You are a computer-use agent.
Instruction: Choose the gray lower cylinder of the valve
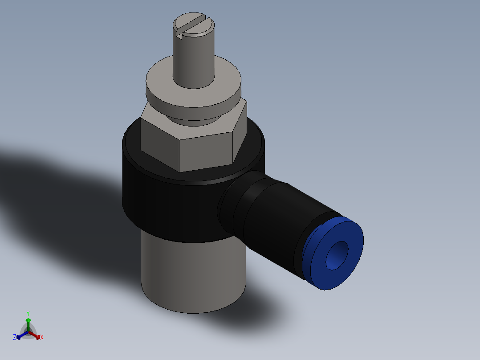(191, 276)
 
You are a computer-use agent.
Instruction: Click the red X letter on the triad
(42, 338)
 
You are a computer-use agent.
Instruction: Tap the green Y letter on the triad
(28, 313)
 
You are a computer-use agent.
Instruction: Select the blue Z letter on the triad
(15, 337)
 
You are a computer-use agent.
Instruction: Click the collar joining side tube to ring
(232, 205)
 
